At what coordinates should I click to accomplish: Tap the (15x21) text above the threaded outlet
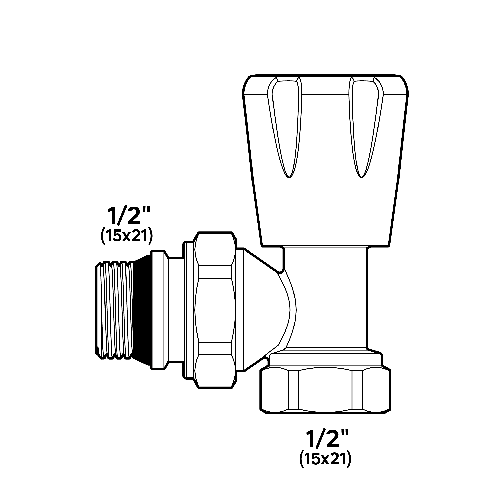pos(126,236)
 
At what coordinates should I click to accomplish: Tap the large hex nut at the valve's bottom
pos(325,390)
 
